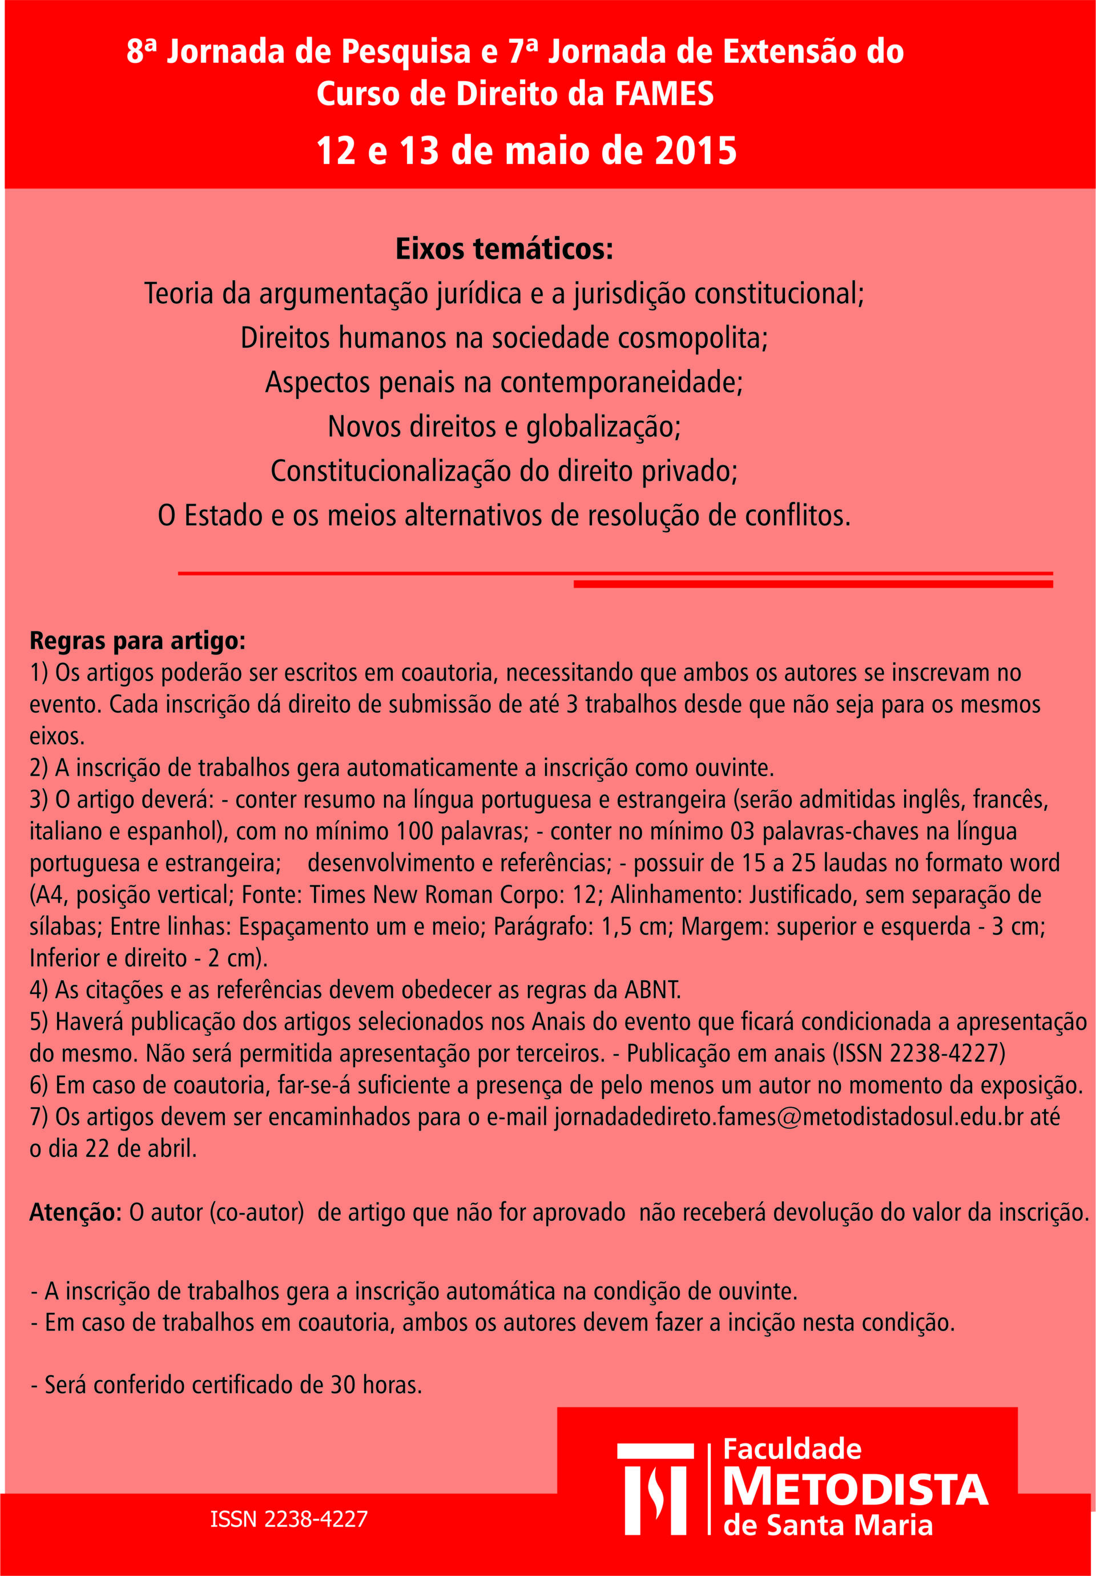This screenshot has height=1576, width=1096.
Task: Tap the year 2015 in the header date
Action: (x=695, y=151)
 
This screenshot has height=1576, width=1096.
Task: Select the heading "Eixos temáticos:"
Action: (x=503, y=249)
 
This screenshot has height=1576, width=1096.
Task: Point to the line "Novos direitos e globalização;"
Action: (x=503, y=427)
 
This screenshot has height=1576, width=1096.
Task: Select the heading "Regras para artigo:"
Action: (x=137, y=641)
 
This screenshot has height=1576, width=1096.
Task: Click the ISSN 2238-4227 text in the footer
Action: (x=289, y=1519)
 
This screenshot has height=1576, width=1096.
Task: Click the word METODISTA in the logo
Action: (x=855, y=1490)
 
